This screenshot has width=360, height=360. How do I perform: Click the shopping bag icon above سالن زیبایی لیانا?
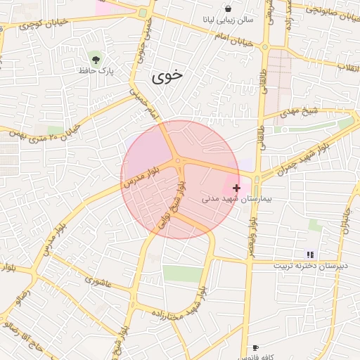229,8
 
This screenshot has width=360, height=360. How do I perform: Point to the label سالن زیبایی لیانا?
229,21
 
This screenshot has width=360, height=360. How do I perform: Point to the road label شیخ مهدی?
301,112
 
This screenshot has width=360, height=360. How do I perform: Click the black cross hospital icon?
236,188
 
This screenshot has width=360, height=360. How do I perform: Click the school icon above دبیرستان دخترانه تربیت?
309,255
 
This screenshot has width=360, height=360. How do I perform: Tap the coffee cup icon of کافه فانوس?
255,347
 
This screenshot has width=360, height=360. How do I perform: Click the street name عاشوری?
98,281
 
